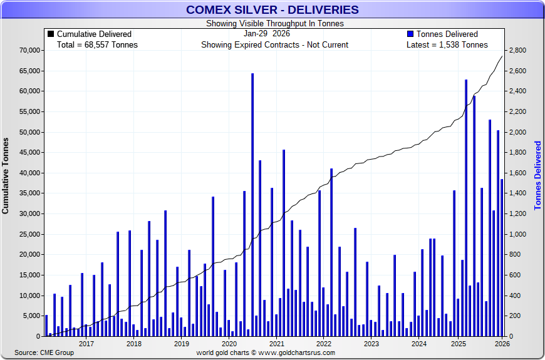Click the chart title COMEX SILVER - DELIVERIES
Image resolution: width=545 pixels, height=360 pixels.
272,9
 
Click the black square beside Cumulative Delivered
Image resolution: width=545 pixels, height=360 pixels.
51,34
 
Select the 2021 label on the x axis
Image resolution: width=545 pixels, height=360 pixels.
276,344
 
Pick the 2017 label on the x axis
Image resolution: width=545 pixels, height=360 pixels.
86,344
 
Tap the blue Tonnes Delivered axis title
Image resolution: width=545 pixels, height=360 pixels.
537,175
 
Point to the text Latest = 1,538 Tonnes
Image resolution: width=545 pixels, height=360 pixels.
447,44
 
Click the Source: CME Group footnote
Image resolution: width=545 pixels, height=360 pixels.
44,352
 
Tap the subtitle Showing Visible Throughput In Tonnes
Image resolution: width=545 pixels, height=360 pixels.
275,24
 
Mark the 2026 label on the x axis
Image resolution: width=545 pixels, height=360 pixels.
501,344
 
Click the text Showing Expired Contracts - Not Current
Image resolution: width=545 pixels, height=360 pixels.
274,44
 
